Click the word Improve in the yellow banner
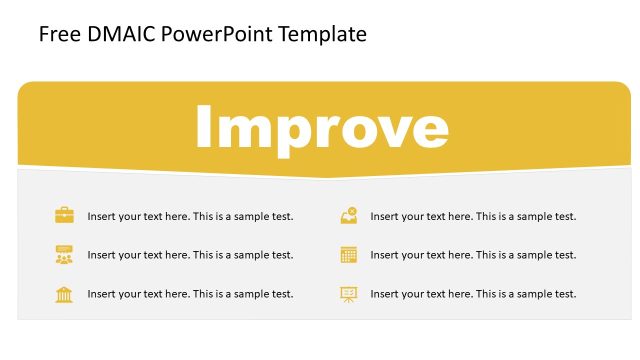point(321,128)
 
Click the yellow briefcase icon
point(64,215)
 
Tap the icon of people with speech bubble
point(64,254)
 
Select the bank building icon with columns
point(64,294)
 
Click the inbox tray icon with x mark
point(348,215)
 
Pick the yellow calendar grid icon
point(348,254)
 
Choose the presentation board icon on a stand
point(348,294)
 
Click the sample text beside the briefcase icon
point(190,216)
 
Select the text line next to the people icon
point(190,255)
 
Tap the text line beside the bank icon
point(190,294)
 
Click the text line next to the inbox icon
point(473,216)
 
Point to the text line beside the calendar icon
point(473,255)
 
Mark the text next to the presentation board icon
point(473,294)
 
